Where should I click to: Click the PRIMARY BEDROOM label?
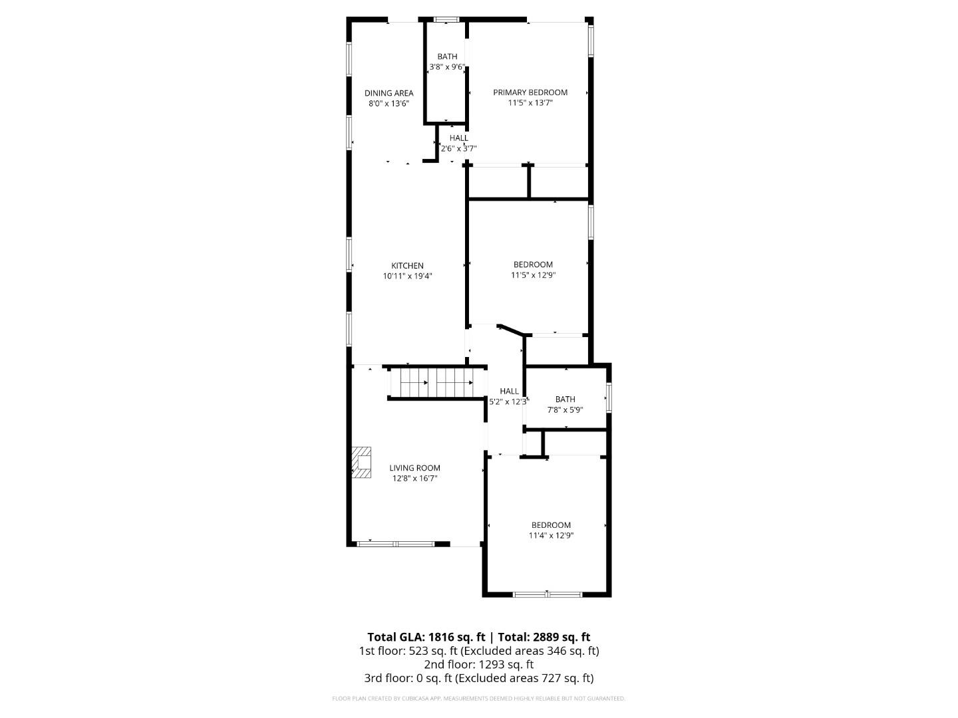[x=530, y=92]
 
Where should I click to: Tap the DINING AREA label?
[x=389, y=93]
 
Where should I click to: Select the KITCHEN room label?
[x=407, y=266]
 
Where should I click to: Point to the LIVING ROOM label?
[x=414, y=468]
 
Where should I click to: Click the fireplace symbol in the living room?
[x=361, y=462]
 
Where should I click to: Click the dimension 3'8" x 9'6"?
[x=447, y=66]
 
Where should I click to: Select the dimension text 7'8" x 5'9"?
[x=565, y=410]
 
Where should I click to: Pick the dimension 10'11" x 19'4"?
[x=407, y=276]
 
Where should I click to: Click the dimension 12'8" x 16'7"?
[x=414, y=478]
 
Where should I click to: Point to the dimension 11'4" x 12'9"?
[x=551, y=535]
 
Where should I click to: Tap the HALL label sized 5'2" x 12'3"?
[x=509, y=391]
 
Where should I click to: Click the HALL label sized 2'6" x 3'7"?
[x=458, y=138]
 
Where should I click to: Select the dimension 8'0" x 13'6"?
[x=389, y=103]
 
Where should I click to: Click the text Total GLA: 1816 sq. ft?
[x=426, y=637]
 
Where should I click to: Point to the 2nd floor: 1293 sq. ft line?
[x=479, y=664]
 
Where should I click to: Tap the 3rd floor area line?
[x=479, y=678]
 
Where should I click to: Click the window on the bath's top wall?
[x=446, y=19]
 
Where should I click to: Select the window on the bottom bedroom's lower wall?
[x=548, y=594]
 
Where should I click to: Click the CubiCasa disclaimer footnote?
[x=479, y=699]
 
